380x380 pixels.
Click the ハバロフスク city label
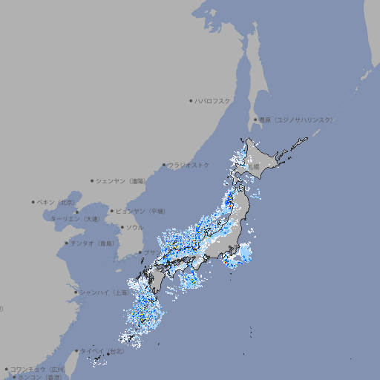coord(213,100)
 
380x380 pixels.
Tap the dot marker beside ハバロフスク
coord(191,100)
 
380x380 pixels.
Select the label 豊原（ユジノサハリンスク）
coord(295,119)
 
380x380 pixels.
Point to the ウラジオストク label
coord(189,165)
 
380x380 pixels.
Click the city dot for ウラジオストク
coord(164,165)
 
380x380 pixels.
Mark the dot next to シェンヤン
coord(92,180)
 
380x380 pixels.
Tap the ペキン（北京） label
coord(56,202)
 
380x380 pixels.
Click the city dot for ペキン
coord(33,202)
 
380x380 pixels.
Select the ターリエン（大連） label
coord(75,219)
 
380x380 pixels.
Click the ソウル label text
coord(134,227)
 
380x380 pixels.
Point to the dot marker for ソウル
coord(122,227)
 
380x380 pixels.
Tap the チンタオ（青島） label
coord(92,243)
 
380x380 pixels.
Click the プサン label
coord(151,252)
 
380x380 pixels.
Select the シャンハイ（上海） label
coord(104,292)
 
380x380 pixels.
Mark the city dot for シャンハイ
coord(76,292)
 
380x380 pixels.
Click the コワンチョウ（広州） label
coord(38,369)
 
